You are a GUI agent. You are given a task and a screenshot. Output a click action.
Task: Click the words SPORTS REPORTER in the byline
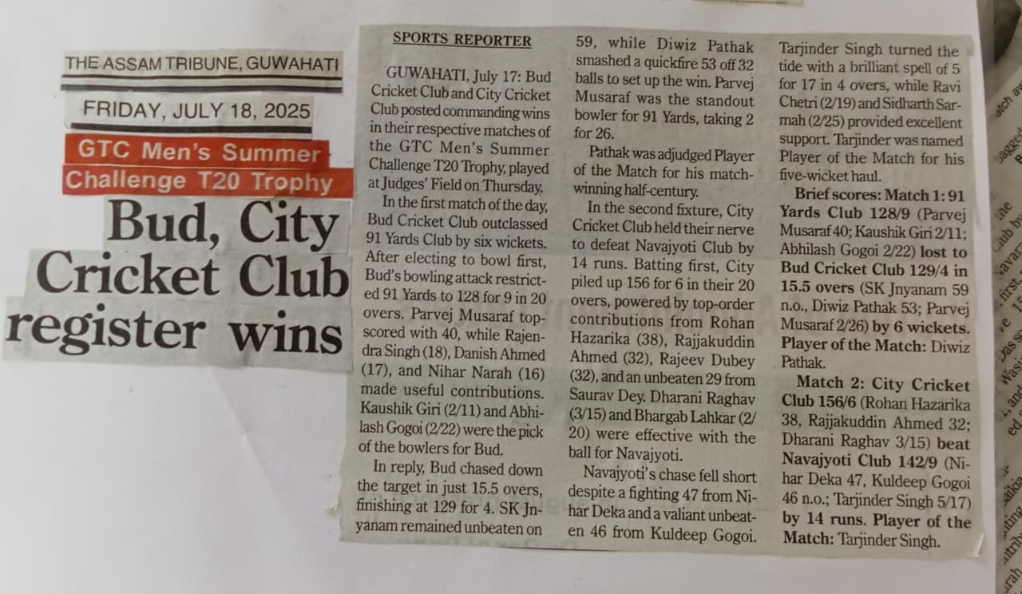click(461, 40)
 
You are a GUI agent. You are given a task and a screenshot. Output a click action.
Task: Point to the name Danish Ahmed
click(506, 354)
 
